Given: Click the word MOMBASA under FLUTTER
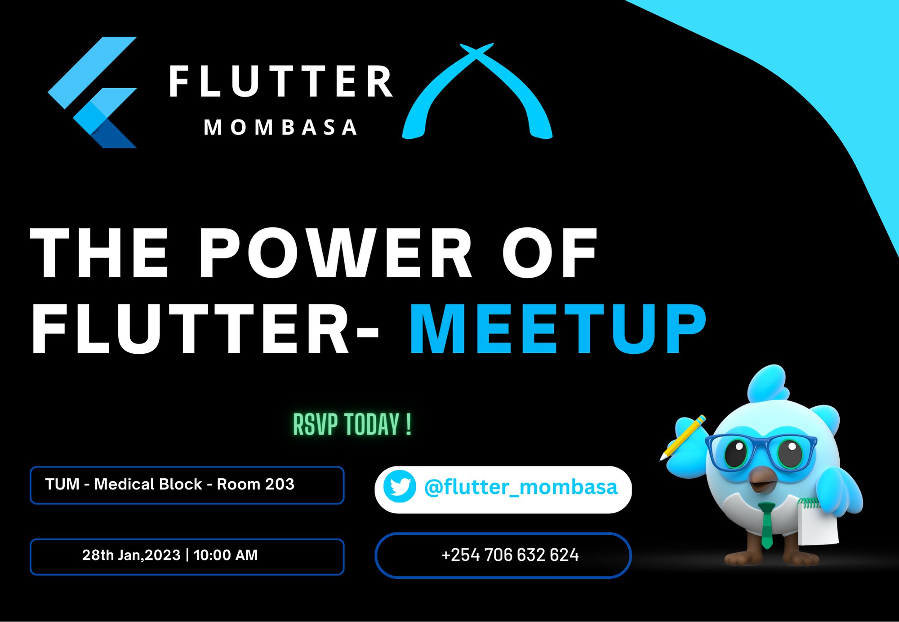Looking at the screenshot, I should coord(281,128).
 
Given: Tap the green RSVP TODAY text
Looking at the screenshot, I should coord(352,424).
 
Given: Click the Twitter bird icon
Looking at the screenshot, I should coord(399,487).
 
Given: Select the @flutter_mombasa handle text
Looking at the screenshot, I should coord(521,487).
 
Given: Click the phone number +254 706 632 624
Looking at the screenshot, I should coord(510,555).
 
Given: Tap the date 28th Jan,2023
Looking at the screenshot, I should coord(131,555).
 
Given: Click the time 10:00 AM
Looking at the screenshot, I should coord(226,555).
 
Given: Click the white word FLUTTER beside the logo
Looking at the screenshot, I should coord(281,82).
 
